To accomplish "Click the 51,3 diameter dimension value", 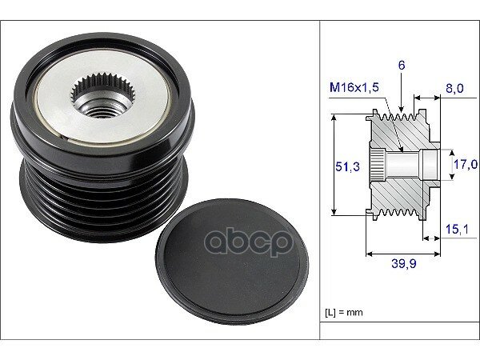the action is [347, 166].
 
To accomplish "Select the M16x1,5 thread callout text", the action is [354, 87].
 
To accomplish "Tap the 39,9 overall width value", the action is [404, 263].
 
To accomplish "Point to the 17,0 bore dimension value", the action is [466, 164].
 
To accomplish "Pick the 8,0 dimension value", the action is [454, 89].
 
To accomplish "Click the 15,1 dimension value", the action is [457, 229].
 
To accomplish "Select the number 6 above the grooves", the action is [402, 65].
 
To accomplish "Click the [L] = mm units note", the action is [343, 313].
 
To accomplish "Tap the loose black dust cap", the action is [232, 262].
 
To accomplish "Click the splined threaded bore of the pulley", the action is [103, 95].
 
